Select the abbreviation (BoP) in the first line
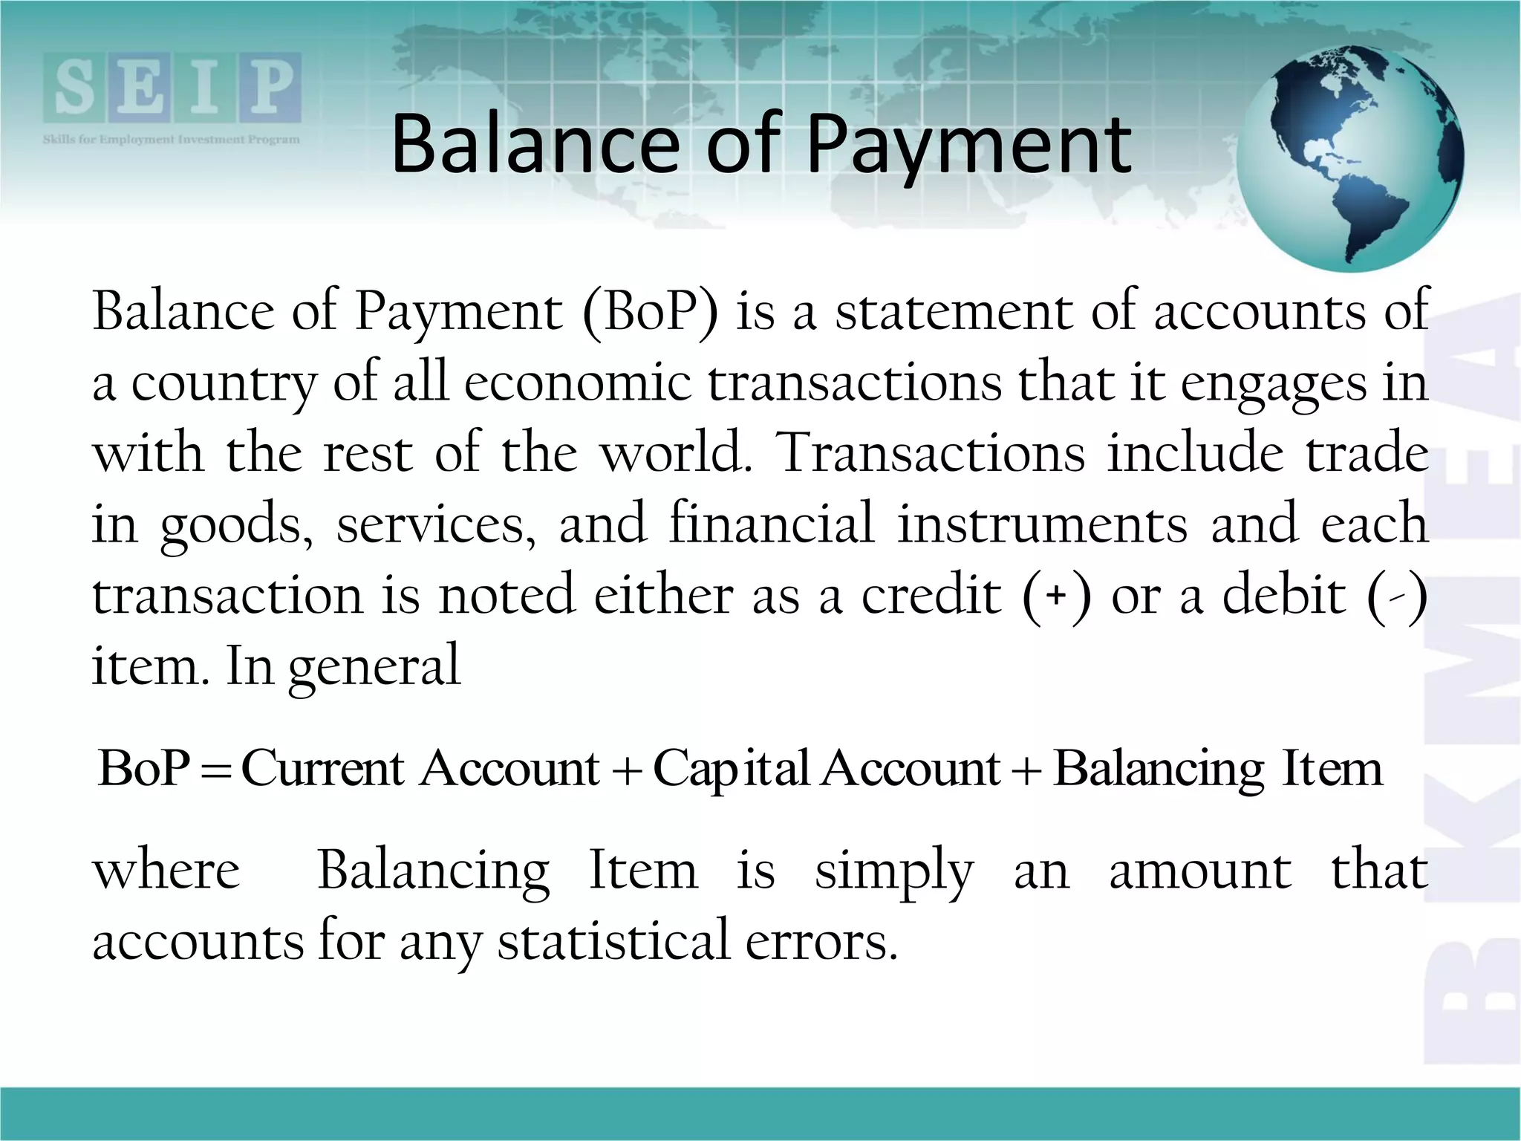(651, 312)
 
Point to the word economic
(579, 383)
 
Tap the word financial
(772, 523)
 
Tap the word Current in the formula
(322, 768)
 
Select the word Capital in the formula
(731, 770)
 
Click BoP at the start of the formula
(144, 768)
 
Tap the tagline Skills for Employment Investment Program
(172, 140)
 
